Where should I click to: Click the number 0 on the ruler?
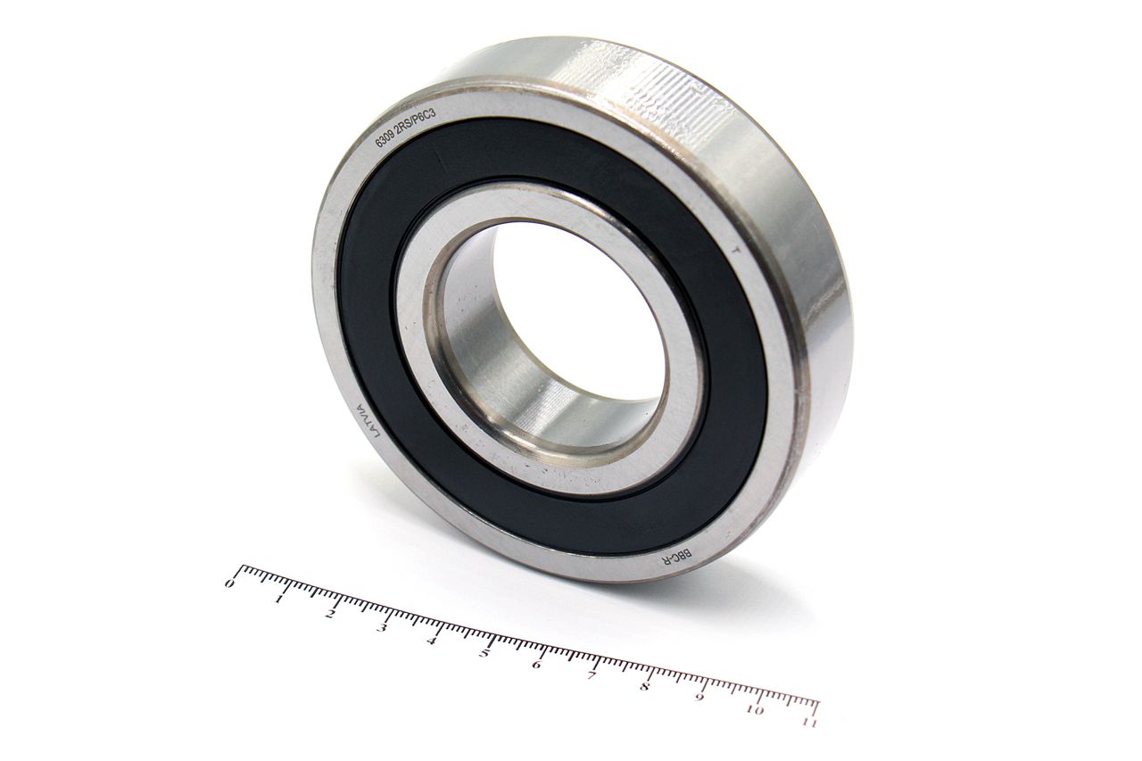pos(230,583)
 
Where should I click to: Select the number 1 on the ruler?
pos(279,599)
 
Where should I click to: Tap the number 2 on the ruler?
pos(330,614)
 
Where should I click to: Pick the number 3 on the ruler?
pos(381,627)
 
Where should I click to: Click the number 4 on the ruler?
pos(432,641)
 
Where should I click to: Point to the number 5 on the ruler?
pos(484,653)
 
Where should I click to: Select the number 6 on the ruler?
pos(536,666)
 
